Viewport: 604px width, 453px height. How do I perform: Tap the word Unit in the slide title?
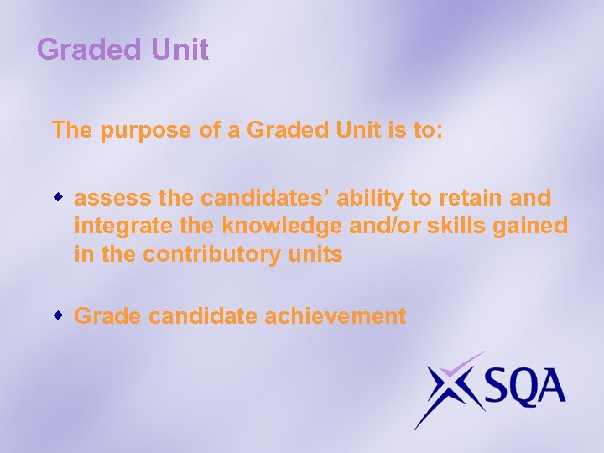180,49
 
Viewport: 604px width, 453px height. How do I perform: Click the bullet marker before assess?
60,197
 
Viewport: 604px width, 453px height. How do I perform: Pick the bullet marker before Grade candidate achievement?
60,315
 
